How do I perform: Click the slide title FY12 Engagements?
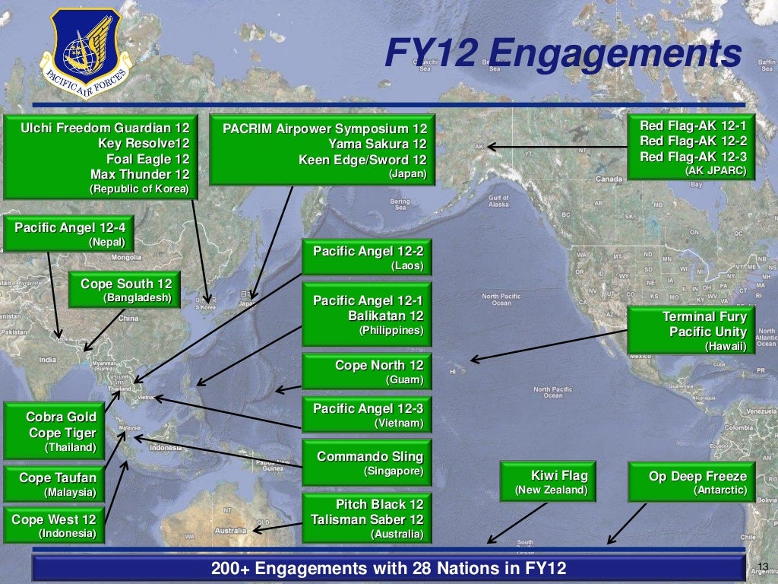[562, 54]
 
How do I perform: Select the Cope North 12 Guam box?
[367, 371]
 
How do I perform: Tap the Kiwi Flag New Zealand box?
[546, 482]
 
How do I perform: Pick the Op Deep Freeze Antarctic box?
[688, 482]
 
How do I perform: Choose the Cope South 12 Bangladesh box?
[125, 290]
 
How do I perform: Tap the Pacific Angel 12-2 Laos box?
[367, 258]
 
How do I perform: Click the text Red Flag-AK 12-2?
[693, 141]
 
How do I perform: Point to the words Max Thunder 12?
[139, 174]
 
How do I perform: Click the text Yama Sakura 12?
[378, 144]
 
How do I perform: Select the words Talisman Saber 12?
[367, 520]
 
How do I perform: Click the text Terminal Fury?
[704, 316]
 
